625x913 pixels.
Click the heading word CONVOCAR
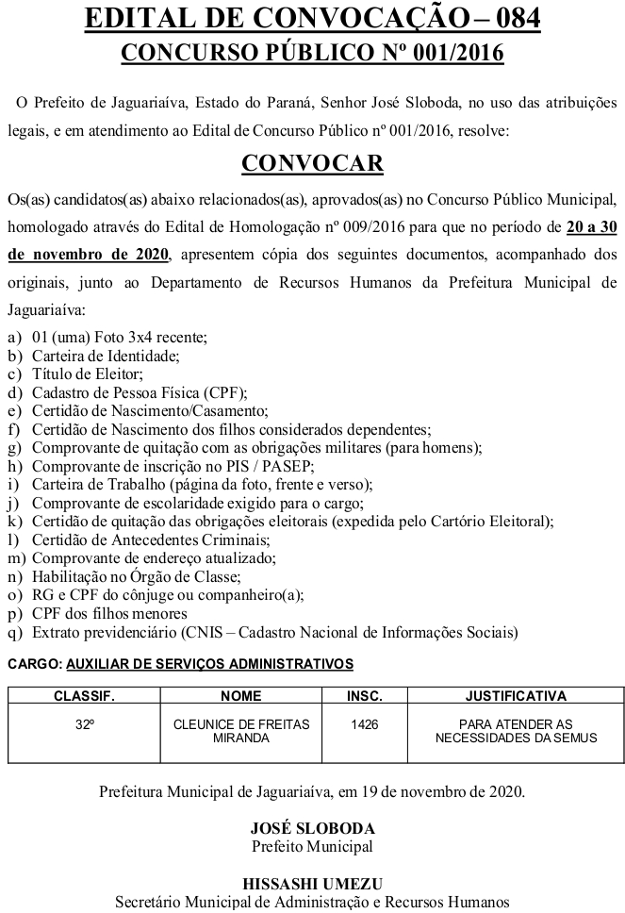pos(312,163)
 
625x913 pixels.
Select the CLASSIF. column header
pos(83,696)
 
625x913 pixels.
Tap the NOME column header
pos(240,696)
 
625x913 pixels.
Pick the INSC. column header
pos(365,696)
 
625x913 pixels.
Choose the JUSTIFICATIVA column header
pos(516,696)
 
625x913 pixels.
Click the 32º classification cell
pos(83,723)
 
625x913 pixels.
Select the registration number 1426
pos(365,723)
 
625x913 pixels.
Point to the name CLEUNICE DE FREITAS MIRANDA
pos(240,730)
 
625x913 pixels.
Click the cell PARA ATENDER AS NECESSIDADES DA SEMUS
pos(516,730)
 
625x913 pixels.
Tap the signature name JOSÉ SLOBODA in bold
pos(312,828)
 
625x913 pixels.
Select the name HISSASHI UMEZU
pos(312,884)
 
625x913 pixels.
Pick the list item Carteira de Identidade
pos(105,356)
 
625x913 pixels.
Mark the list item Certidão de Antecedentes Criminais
pos(151,539)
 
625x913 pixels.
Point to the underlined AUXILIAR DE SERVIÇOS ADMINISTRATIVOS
pos(209,664)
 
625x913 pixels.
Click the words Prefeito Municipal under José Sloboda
pos(312,846)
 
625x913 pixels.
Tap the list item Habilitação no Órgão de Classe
pos(137,576)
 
